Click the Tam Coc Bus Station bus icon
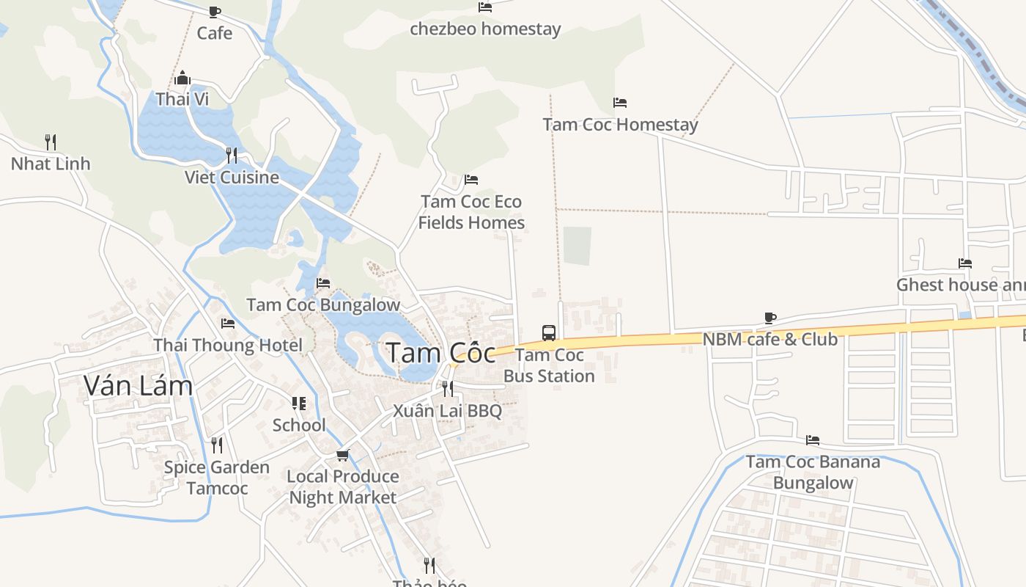click(x=549, y=332)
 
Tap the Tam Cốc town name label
click(x=440, y=353)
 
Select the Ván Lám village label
click(x=138, y=385)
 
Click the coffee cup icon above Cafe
click(x=214, y=12)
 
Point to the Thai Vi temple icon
click(x=182, y=78)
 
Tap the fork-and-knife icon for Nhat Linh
click(x=51, y=142)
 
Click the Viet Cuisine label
click(x=232, y=178)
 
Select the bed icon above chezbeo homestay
click(x=484, y=7)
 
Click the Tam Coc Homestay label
click(x=620, y=125)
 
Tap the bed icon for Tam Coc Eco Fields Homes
click(x=471, y=180)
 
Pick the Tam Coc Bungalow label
click(x=323, y=305)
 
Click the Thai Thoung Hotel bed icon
click(x=228, y=324)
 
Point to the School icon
click(x=299, y=404)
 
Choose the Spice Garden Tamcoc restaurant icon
click(x=216, y=445)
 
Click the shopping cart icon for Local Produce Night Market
click(x=342, y=455)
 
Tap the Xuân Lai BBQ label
click(x=447, y=411)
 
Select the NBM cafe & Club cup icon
click(x=769, y=318)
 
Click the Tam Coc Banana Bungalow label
click(x=813, y=473)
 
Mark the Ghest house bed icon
click(x=965, y=263)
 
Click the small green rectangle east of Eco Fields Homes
click(x=577, y=246)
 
